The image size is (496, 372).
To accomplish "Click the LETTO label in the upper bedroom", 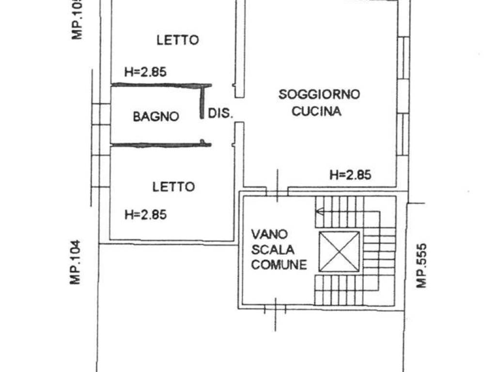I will click(x=177, y=40).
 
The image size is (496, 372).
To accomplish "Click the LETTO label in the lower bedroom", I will click(x=173, y=186).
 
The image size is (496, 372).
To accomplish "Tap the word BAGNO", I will click(x=156, y=116).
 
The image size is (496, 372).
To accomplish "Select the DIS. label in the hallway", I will click(x=221, y=114).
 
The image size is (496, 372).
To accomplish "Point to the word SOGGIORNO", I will click(x=319, y=94).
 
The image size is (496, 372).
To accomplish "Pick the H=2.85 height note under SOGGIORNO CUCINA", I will click(x=350, y=175).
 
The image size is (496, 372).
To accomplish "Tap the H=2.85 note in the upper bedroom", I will click(x=145, y=72).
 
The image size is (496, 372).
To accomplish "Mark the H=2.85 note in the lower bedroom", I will click(x=145, y=214).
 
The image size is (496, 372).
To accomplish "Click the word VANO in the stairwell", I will click(x=269, y=234).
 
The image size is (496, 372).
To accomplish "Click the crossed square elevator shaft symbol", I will click(x=339, y=251).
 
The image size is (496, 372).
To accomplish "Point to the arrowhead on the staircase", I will click(x=318, y=211).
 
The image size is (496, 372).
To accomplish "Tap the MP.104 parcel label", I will click(x=76, y=263).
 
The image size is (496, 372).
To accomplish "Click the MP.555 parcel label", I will click(x=422, y=265).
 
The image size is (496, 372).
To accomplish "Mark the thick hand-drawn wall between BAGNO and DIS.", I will click(x=202, y=102).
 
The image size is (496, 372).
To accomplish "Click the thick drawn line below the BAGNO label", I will click(x=160, y=144).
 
